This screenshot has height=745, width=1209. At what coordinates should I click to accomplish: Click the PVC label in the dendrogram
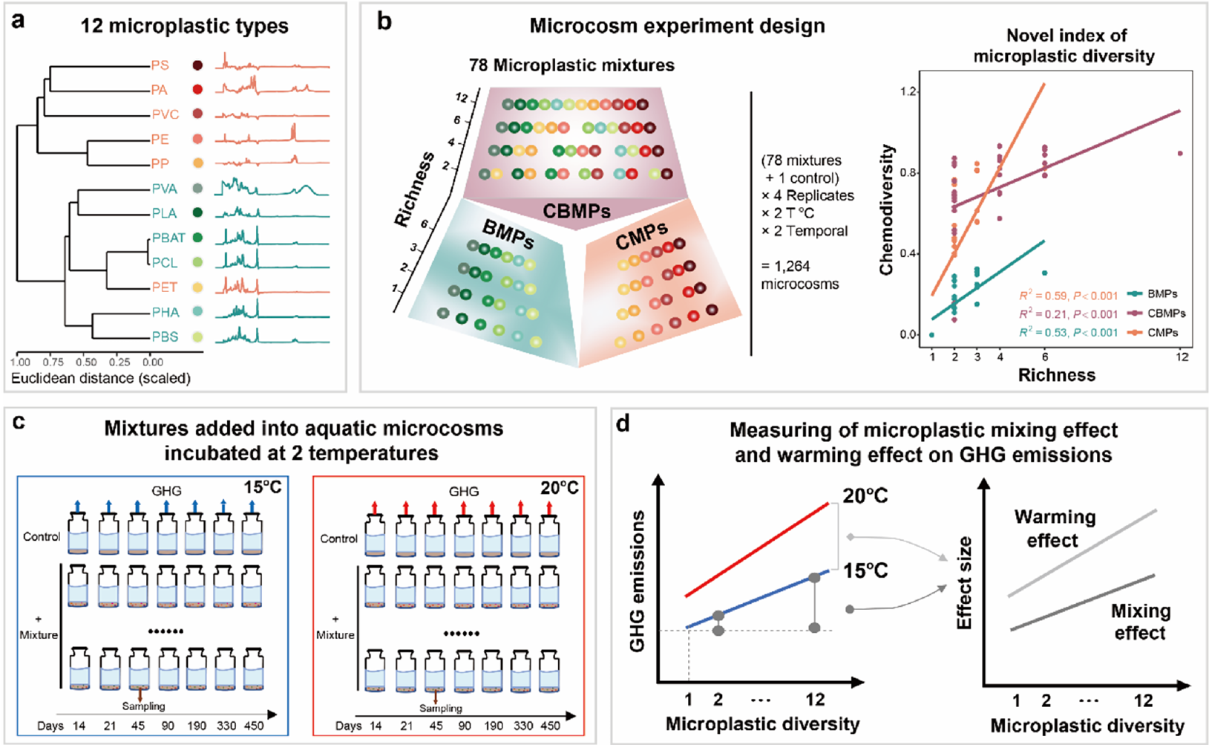[x=165, y=114]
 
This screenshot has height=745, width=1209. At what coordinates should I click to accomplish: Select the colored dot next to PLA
[x=197, y=213]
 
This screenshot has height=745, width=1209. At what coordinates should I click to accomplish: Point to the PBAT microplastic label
[x=168, y=238]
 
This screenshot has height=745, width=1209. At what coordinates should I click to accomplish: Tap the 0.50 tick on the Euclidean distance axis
[x=87, y=362]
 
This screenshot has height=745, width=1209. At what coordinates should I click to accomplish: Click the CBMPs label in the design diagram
[x=576, y=211]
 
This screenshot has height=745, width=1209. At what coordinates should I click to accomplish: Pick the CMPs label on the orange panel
[x=641, y=235]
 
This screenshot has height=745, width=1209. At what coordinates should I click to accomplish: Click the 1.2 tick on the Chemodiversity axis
[x=906, y=92]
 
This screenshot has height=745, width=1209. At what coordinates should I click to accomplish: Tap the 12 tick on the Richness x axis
[x=1182, y=357]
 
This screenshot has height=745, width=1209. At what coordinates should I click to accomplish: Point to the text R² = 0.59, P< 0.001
[x=1068, y=295]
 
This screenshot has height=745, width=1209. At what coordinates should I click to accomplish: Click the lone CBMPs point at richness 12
[x=1180, y=154]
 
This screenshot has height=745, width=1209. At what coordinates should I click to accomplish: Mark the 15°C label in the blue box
[x=262, y=488]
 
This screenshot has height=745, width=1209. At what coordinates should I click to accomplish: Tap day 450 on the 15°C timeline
[x=254, y=726]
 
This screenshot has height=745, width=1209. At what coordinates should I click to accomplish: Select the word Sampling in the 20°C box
[x=441, y=708]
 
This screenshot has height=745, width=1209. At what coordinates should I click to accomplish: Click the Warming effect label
[x=1055, y=528]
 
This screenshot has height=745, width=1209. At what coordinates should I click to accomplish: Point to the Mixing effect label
[x=1140, y=622]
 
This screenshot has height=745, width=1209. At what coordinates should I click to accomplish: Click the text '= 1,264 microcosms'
[x=800, y=275]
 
